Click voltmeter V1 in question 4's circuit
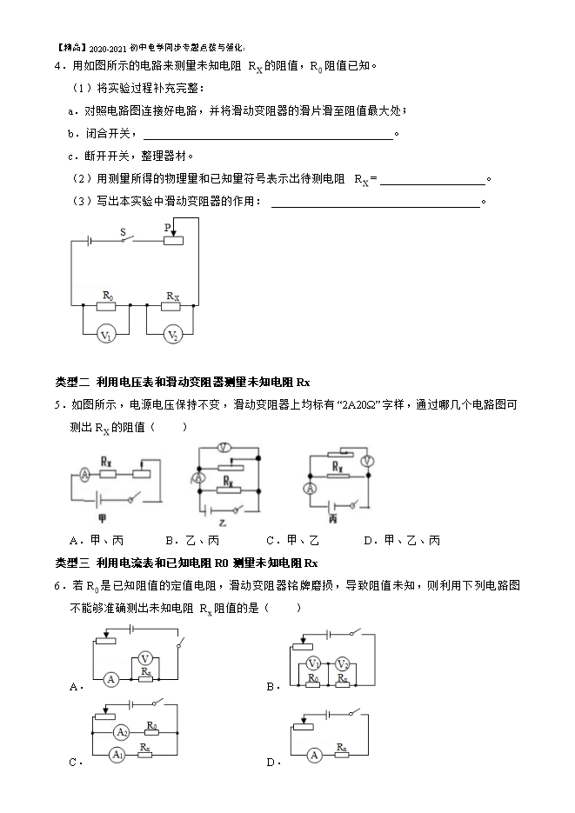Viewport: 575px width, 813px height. pos(106,335)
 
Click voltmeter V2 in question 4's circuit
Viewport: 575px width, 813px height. pos(172,335)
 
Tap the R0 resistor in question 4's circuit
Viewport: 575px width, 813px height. pos(106,306)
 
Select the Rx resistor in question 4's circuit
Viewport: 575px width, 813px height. pos(171,306)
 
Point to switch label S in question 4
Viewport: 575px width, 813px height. pos(123,232)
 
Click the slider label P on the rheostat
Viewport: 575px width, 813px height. pos(168,228)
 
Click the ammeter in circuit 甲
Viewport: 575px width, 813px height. pos(84,473)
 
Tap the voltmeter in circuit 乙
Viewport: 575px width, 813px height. pos(224,447)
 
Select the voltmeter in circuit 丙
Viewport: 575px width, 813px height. pos(368,461)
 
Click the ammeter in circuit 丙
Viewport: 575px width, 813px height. pos(310,488)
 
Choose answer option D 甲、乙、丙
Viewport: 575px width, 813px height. pos(403,541)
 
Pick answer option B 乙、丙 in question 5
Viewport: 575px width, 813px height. pos(192,541)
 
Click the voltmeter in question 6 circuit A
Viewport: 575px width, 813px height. pos(145,659)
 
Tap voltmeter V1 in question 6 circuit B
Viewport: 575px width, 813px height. pos(313,663)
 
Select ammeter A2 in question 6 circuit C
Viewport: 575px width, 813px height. pos(121,732)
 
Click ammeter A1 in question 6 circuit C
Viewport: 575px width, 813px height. pos(117,755)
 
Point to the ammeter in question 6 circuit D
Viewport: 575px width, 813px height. pos(314,756)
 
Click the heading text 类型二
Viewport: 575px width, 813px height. pos(72,382)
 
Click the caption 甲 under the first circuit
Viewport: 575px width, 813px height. pos(102,518)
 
